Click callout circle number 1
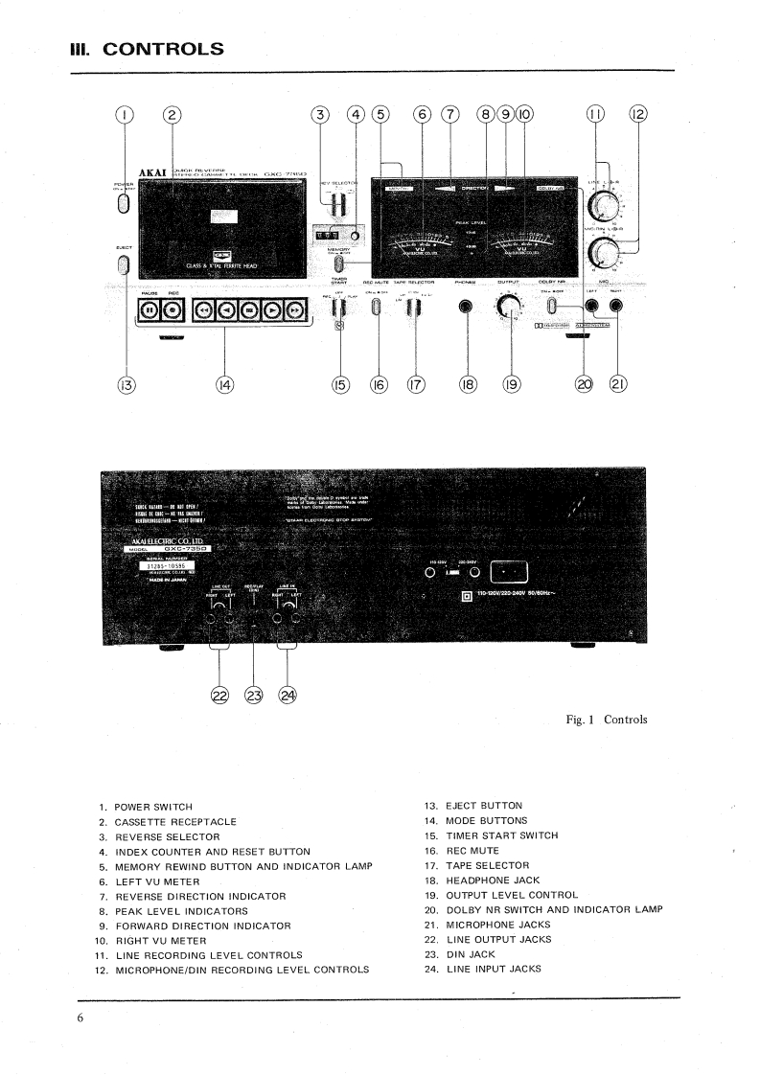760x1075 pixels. pos(124,115)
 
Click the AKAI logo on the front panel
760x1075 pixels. pos(153,173)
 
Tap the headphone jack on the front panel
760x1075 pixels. pos(468,309)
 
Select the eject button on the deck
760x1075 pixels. pos(123,264)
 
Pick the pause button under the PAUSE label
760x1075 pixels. pos(150,310)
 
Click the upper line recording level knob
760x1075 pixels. pos(605,205)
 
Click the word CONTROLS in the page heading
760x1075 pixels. pos(176,47)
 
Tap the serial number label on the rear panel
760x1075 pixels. pos(169,565)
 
